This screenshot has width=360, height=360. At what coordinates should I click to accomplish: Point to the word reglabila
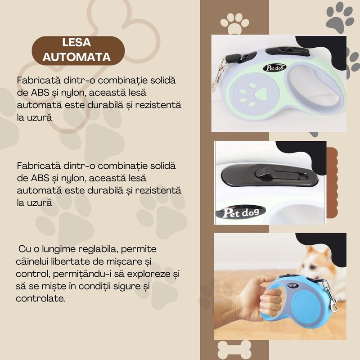98,248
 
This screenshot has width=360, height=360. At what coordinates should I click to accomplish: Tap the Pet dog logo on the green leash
274,67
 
